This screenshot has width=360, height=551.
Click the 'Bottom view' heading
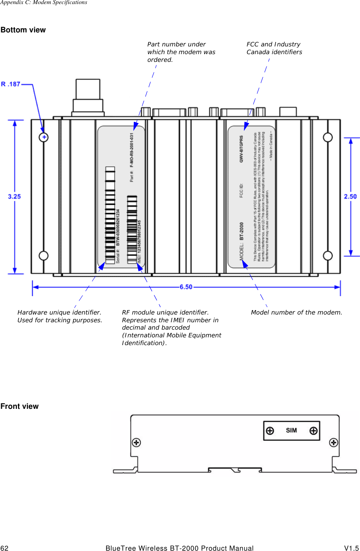[x=23, y=30]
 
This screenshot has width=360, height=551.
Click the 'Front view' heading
[x=20, y=406]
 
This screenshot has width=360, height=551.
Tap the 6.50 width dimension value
[x=186, y=287]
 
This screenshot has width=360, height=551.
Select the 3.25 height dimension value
[x=14, y=197]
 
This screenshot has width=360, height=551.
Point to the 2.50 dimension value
[x=350, y=197]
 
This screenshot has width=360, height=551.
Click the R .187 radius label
[x=11, y=84]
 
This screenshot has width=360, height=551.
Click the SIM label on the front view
[x=291, y=430]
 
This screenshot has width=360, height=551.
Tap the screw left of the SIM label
[x=270, y=431]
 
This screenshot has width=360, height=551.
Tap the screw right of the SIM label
[x=313, y=431]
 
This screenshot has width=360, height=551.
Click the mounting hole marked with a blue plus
[x=44, y=137]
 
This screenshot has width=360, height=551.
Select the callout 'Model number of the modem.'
[x=296, y=312]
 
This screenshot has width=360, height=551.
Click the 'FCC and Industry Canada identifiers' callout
[x=274, y=48]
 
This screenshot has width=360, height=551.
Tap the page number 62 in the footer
[x=4, y=548]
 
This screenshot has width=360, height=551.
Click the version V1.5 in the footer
[x=351, y=548]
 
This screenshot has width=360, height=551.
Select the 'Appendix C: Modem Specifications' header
[x=43, y=3]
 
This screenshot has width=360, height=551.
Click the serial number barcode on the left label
[x=110, y=215]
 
